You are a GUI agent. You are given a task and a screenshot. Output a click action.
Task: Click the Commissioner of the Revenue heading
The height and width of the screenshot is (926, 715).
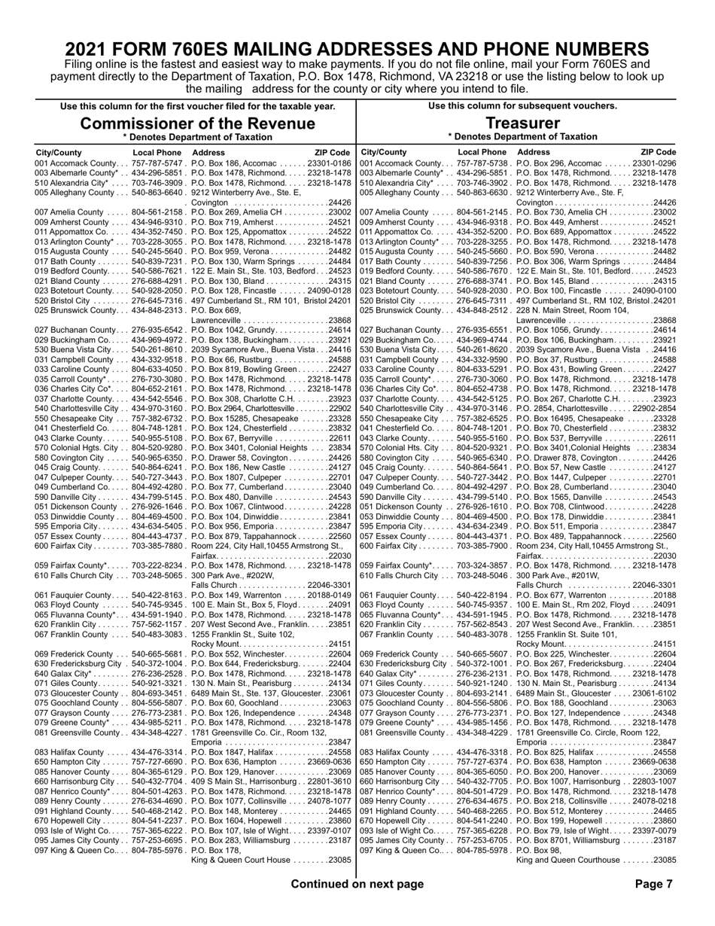point(197,123)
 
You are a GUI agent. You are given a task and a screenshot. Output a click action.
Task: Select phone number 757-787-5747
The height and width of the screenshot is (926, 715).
point(158,163)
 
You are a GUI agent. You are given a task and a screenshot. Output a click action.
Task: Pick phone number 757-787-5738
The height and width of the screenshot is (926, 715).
point(484,163)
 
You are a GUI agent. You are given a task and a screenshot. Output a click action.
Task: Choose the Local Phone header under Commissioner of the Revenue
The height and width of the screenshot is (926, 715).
point(157,152)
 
